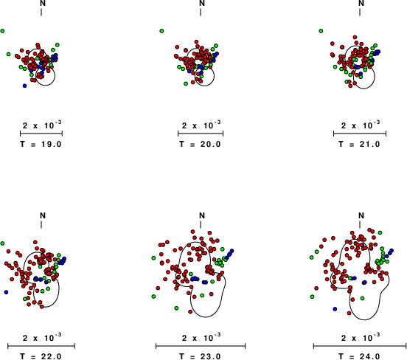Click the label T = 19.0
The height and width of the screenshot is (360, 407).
coord(41,144)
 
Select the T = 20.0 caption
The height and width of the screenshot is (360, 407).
coord(200,144)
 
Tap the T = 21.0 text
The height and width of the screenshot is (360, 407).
coord(360,144)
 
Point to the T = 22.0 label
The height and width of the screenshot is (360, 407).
coord(41,356)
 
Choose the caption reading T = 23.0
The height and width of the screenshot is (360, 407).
coord(200,356)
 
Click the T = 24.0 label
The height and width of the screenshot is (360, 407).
coord(360,356)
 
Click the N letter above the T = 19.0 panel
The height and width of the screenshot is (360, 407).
coord(43,3)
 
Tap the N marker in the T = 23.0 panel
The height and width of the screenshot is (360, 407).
coord(202,215)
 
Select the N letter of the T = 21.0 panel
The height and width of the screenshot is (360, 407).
coord(361,3)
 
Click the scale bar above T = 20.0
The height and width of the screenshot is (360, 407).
coord(201,134)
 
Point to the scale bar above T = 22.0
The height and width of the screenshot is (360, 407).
coord(41,346)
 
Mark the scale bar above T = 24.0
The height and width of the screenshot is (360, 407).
coord(360,346)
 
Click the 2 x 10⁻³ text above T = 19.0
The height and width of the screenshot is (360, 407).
coord(42,125)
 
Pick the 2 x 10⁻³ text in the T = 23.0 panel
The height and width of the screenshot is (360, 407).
coord(201,337)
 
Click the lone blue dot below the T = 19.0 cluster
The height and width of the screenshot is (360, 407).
coord(24,86)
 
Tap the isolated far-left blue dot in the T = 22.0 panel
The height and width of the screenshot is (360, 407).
coord(6,292)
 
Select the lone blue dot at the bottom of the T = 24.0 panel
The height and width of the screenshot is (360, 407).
coord(335,309)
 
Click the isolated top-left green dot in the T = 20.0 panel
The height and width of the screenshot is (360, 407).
coord(161,31)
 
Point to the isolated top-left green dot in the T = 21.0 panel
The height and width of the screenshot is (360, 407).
coord(321,31)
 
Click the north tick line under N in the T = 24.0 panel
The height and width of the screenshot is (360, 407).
coord(360,225)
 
